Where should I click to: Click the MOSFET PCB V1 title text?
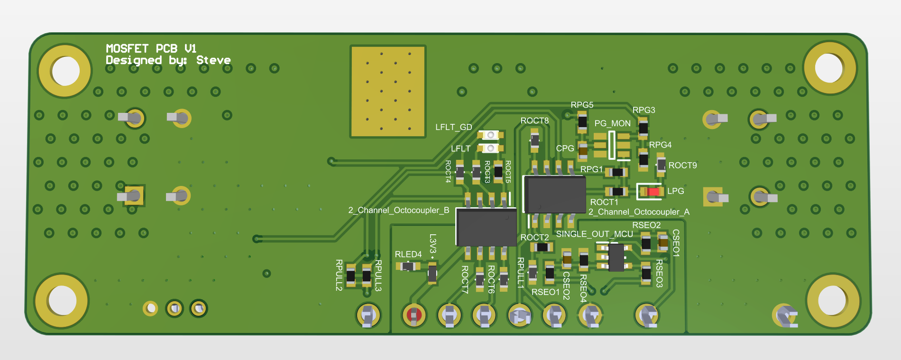pos(151,48)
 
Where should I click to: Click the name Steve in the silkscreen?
pos(213,60)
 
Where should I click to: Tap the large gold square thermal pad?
pos(388,92)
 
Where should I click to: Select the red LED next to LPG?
pos(653,192)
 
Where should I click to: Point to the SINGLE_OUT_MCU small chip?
pos(616,257)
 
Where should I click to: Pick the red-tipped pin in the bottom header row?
pos(414,315)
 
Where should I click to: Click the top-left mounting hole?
pos(65,71)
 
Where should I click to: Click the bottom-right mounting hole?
pos(832,300)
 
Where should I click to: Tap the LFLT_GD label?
pos(453,127)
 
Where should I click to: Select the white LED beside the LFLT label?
pos(490,148)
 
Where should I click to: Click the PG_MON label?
pos(612,123)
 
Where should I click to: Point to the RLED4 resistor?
pos(408,266)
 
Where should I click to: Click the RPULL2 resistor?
pos(350,276)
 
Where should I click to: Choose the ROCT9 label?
pos(682,166)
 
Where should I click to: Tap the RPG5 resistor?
pos(582,121)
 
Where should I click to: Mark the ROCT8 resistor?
pos(535,140)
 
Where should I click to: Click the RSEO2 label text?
pos(646,225)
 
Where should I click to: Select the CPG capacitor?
pos(583,151)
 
